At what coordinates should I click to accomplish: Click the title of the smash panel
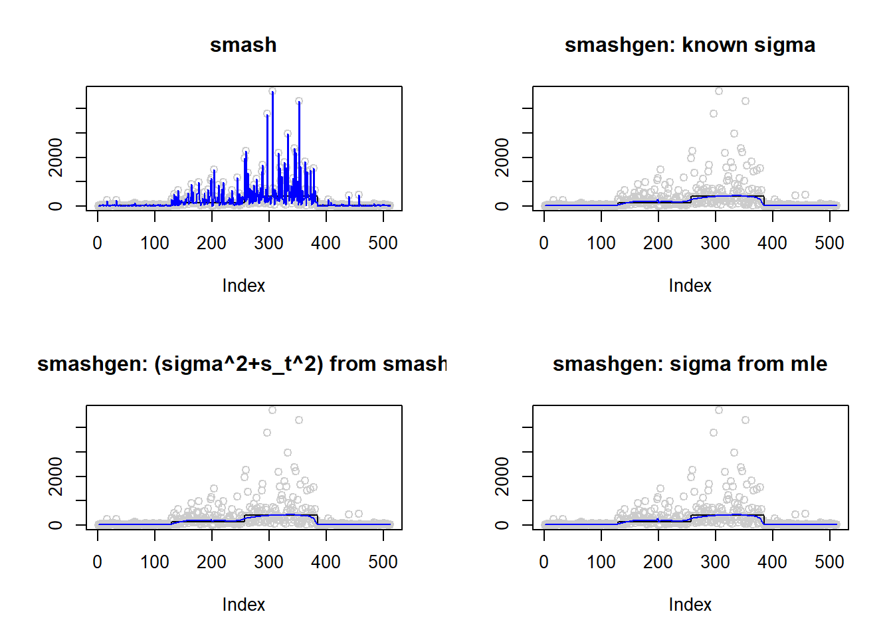(x=243, y=45)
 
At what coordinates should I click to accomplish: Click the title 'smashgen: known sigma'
(x=690, y=45)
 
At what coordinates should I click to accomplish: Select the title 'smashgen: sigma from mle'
(x=690, y=364)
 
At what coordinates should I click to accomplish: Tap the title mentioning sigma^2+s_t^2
(x=242, y=364)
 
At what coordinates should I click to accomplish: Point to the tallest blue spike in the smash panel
(x=272, y=93)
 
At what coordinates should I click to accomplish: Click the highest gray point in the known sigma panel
(x=719, y=91)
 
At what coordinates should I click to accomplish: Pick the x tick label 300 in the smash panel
(x=268, y=243)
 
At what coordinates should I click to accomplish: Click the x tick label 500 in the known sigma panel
(x=829, y=243)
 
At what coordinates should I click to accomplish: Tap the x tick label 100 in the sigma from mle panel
(x=601, y=562)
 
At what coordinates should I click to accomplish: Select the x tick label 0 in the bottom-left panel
(x=98, y=562)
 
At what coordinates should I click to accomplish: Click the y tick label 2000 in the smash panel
(x=56, y=158)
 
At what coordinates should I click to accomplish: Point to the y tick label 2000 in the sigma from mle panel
(x=502, y=477)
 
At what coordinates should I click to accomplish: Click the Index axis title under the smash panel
(x=243, y=286)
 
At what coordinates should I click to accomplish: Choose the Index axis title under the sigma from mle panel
(x=690, y=605)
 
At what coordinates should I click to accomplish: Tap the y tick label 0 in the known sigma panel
(x=502, y=206)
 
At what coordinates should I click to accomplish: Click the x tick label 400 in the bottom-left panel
(x=326, y=562)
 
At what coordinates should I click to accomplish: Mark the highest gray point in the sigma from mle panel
(x=719, y=410)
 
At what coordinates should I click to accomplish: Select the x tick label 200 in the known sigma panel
(x=658, y=243)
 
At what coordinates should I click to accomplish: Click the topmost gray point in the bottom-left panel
(x=272, y=410)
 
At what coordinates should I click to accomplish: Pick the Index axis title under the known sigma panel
(x=690, y=286)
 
